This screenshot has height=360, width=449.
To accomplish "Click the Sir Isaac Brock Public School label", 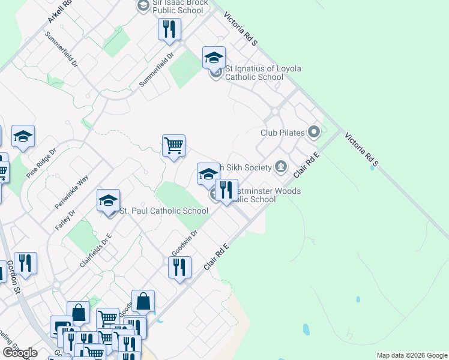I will tap(179, 6).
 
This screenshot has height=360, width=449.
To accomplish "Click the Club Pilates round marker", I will tap(313, 131).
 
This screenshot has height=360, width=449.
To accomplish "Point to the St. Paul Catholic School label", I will tap(163, 211).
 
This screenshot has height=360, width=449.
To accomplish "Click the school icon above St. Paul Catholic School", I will tap(109, 200).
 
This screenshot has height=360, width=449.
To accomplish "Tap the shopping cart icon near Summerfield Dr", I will tap(173, 145).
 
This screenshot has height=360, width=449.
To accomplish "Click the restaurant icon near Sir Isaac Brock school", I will tap(169, 28).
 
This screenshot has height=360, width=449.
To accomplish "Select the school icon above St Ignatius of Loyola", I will tap(214, 58).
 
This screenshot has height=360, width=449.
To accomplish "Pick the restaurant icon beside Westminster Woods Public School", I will tap(226, 190).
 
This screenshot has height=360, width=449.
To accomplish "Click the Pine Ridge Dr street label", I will tap(41, 163).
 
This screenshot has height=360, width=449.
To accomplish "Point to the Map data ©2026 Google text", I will tap(411, 355).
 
